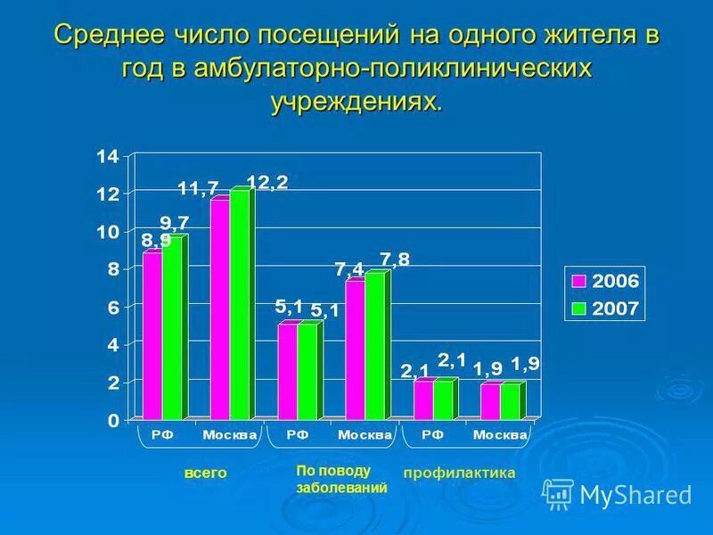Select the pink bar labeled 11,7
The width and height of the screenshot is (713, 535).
[219, 309]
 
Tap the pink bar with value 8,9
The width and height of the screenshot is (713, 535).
[152, 335]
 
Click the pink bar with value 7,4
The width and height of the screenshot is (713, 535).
[354, 350]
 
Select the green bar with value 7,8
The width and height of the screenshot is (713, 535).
[373, 346]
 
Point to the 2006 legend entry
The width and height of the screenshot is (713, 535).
[605, 281]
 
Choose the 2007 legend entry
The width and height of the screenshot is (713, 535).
[605, 309]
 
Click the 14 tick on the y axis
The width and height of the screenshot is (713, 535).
[107, 157]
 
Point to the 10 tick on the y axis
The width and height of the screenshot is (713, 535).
[107, 232]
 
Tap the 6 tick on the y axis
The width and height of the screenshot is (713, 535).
[112, 307]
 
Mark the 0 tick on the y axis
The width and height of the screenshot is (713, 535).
[112, 420]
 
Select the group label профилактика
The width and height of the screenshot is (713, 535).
[459, 473]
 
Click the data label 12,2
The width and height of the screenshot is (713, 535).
[266, 182]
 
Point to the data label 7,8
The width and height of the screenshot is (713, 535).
[395, 259]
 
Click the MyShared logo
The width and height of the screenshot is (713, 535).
[617, 493]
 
